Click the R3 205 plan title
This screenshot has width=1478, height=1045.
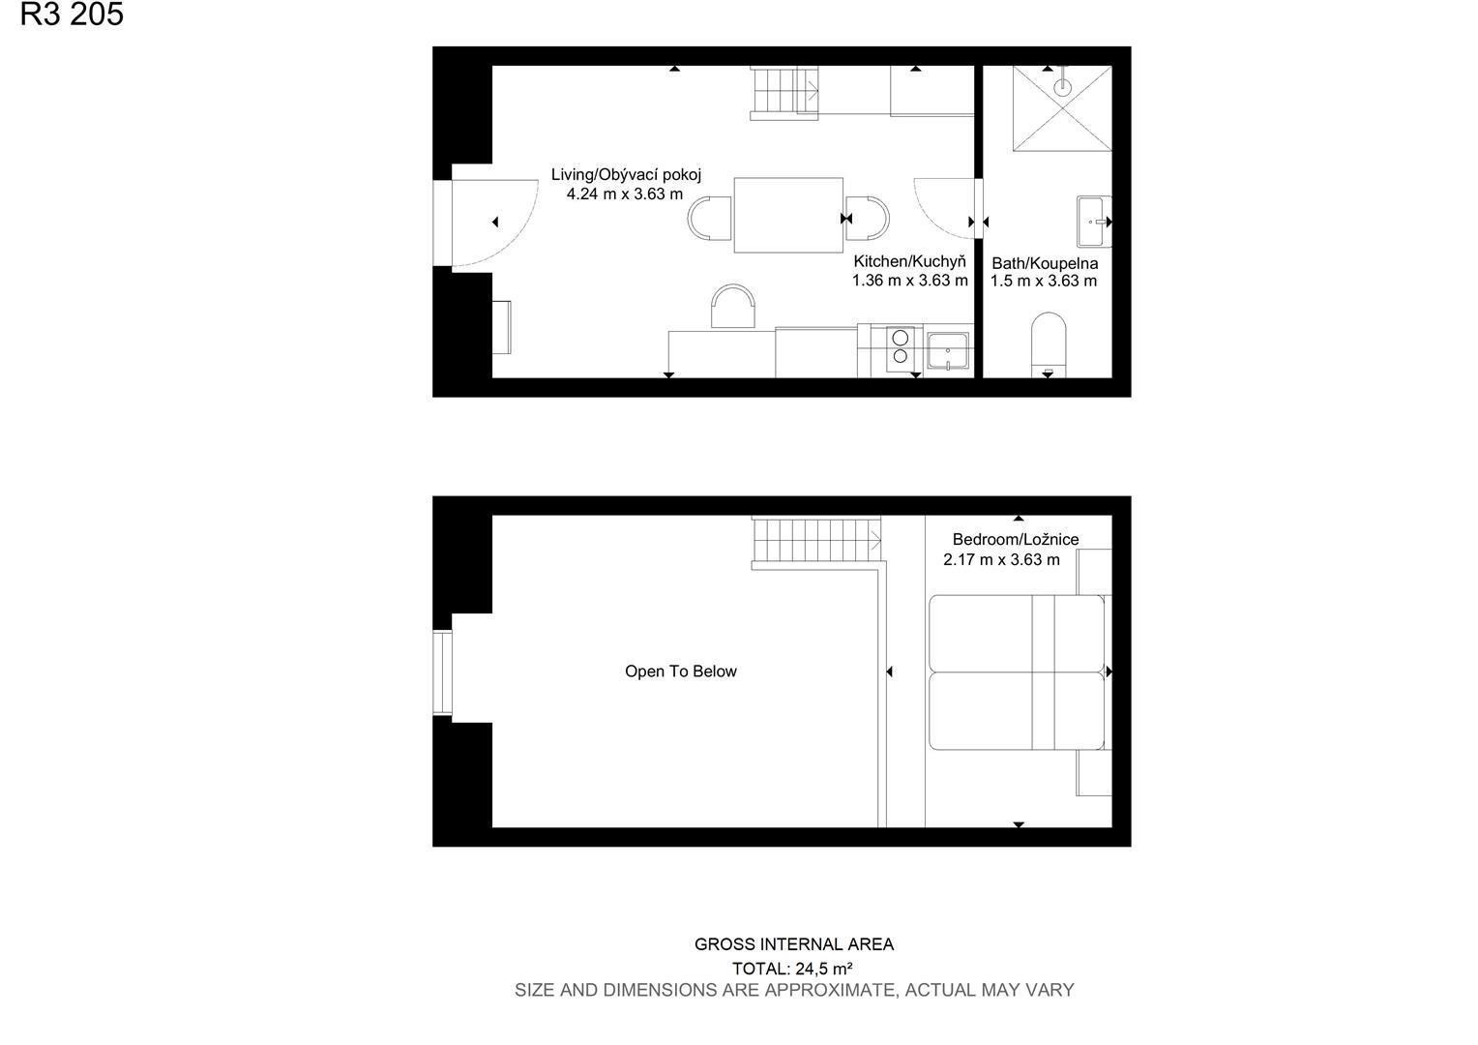tap(72, 14)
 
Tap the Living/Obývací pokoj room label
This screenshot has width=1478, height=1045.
tap(626, 175)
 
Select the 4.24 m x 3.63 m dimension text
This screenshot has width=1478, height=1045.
tap(625, 194)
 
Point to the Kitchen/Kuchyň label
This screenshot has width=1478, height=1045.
tap(910, 261)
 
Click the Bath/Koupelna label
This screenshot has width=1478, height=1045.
tap(1046, 263)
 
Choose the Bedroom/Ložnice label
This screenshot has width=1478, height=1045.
tap(1016, 539)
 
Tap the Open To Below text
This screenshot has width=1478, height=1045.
tap(681, 672)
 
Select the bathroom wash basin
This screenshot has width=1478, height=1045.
tap(1094, 222)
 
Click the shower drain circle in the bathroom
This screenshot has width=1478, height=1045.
tap(1062, 86)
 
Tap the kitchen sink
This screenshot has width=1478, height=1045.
tap(948, 350)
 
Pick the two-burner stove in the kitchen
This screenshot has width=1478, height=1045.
tap(900, 347)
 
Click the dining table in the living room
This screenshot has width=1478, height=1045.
tap(788, 215)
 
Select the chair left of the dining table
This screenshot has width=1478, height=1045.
tap(709, 218)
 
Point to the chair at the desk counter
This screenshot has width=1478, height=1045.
tap(733, 307)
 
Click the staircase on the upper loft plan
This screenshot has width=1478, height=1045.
tap(816, 540)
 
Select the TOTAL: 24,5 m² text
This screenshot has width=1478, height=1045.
tap(792, 969)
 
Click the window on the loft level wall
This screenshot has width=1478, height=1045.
tap(442, 672)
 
